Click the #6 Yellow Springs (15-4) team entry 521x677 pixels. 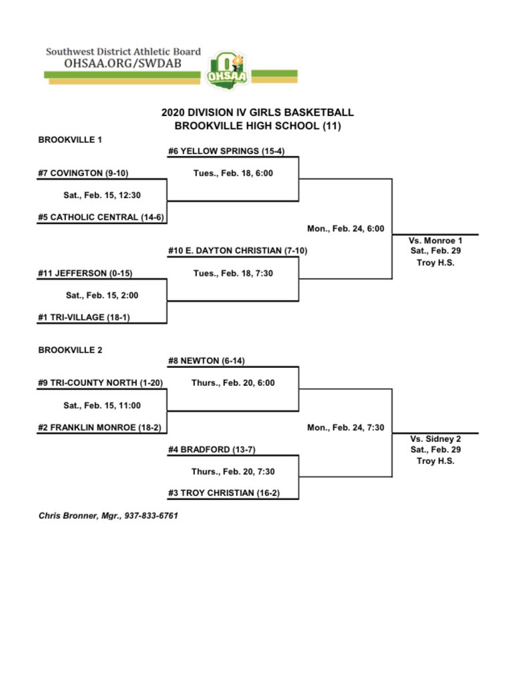point(226,151)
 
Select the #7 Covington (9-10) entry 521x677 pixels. point(83,174)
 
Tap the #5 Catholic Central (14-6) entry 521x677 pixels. point(101,218)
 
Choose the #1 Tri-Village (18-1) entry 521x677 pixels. point(83,317)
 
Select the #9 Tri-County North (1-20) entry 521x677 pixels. point(100,383)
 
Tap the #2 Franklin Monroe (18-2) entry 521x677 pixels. point(101,427)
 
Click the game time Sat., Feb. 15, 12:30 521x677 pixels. point(102,196)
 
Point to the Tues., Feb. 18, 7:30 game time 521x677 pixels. point(232,273)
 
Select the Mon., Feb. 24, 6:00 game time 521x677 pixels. point(345,228)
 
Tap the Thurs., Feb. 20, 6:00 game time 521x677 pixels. point(232,383)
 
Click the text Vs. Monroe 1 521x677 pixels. point(435,240)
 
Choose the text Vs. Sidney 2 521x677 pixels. point(435,439)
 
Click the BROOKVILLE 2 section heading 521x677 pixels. point(70,350)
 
